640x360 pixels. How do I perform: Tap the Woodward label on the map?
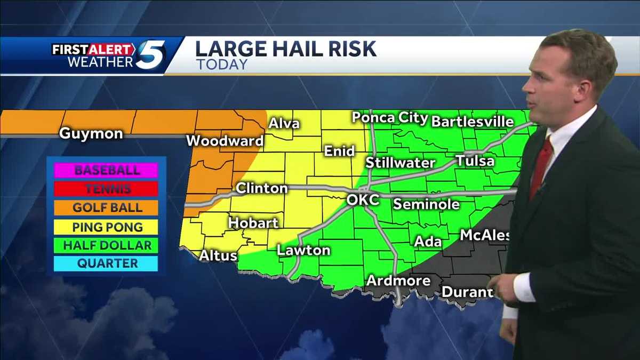[225, 141]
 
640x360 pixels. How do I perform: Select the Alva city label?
[284, 124]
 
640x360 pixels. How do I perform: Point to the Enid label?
[339, 151]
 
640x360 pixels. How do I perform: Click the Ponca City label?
[389, 118]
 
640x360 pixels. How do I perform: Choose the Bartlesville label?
[472, 122]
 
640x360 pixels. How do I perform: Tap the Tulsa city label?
[475, 161]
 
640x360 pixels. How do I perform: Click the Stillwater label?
[401, 162]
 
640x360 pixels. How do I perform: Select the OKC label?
[363, 200]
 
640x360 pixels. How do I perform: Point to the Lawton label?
[303, 250]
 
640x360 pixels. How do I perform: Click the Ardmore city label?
[398, 280]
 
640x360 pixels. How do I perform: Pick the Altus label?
[218, 256]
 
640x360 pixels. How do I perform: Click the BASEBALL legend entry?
[107, 171]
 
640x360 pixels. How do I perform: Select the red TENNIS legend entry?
[107, 189]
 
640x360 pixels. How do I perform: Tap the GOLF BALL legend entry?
[107, 208]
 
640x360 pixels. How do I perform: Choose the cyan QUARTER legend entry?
[107, 263]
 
